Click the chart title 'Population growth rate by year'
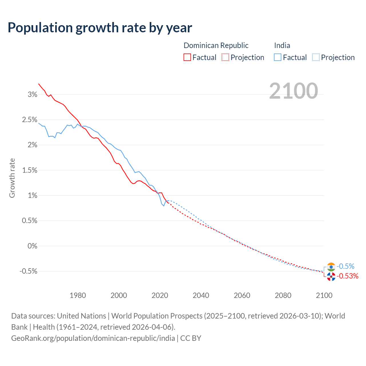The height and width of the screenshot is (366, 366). tap(100, 28)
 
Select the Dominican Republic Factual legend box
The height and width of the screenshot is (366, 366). tap(187, 57)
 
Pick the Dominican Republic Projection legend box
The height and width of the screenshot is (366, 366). tap(225, 57)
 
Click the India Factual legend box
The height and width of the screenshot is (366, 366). tap(278, 57)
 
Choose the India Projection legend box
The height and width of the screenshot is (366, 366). tap(316, 57)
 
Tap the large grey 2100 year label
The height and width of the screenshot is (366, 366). tap(293, 91)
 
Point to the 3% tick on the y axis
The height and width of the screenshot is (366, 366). tap(33, 95)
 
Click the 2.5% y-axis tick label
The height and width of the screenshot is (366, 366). tap(30, 120)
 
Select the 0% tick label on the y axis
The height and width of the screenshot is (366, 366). tap(32, 246)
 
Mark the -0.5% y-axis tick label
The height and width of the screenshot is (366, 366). tap(28, 271)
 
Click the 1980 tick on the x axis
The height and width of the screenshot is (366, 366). tap(78, 295)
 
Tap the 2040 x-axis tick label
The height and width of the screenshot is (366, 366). tap(201, 295)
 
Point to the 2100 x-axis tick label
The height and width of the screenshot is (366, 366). tap(324, 295)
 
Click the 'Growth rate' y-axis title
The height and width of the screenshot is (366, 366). tap(12, 178)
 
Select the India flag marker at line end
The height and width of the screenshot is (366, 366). tap(331, 267)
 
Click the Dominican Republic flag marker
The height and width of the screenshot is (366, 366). tap(331, 277)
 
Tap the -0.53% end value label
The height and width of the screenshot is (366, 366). tap(347, 276)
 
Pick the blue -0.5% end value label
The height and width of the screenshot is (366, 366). tap(345, 266)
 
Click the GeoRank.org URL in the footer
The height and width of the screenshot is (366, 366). tap(93, 338)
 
